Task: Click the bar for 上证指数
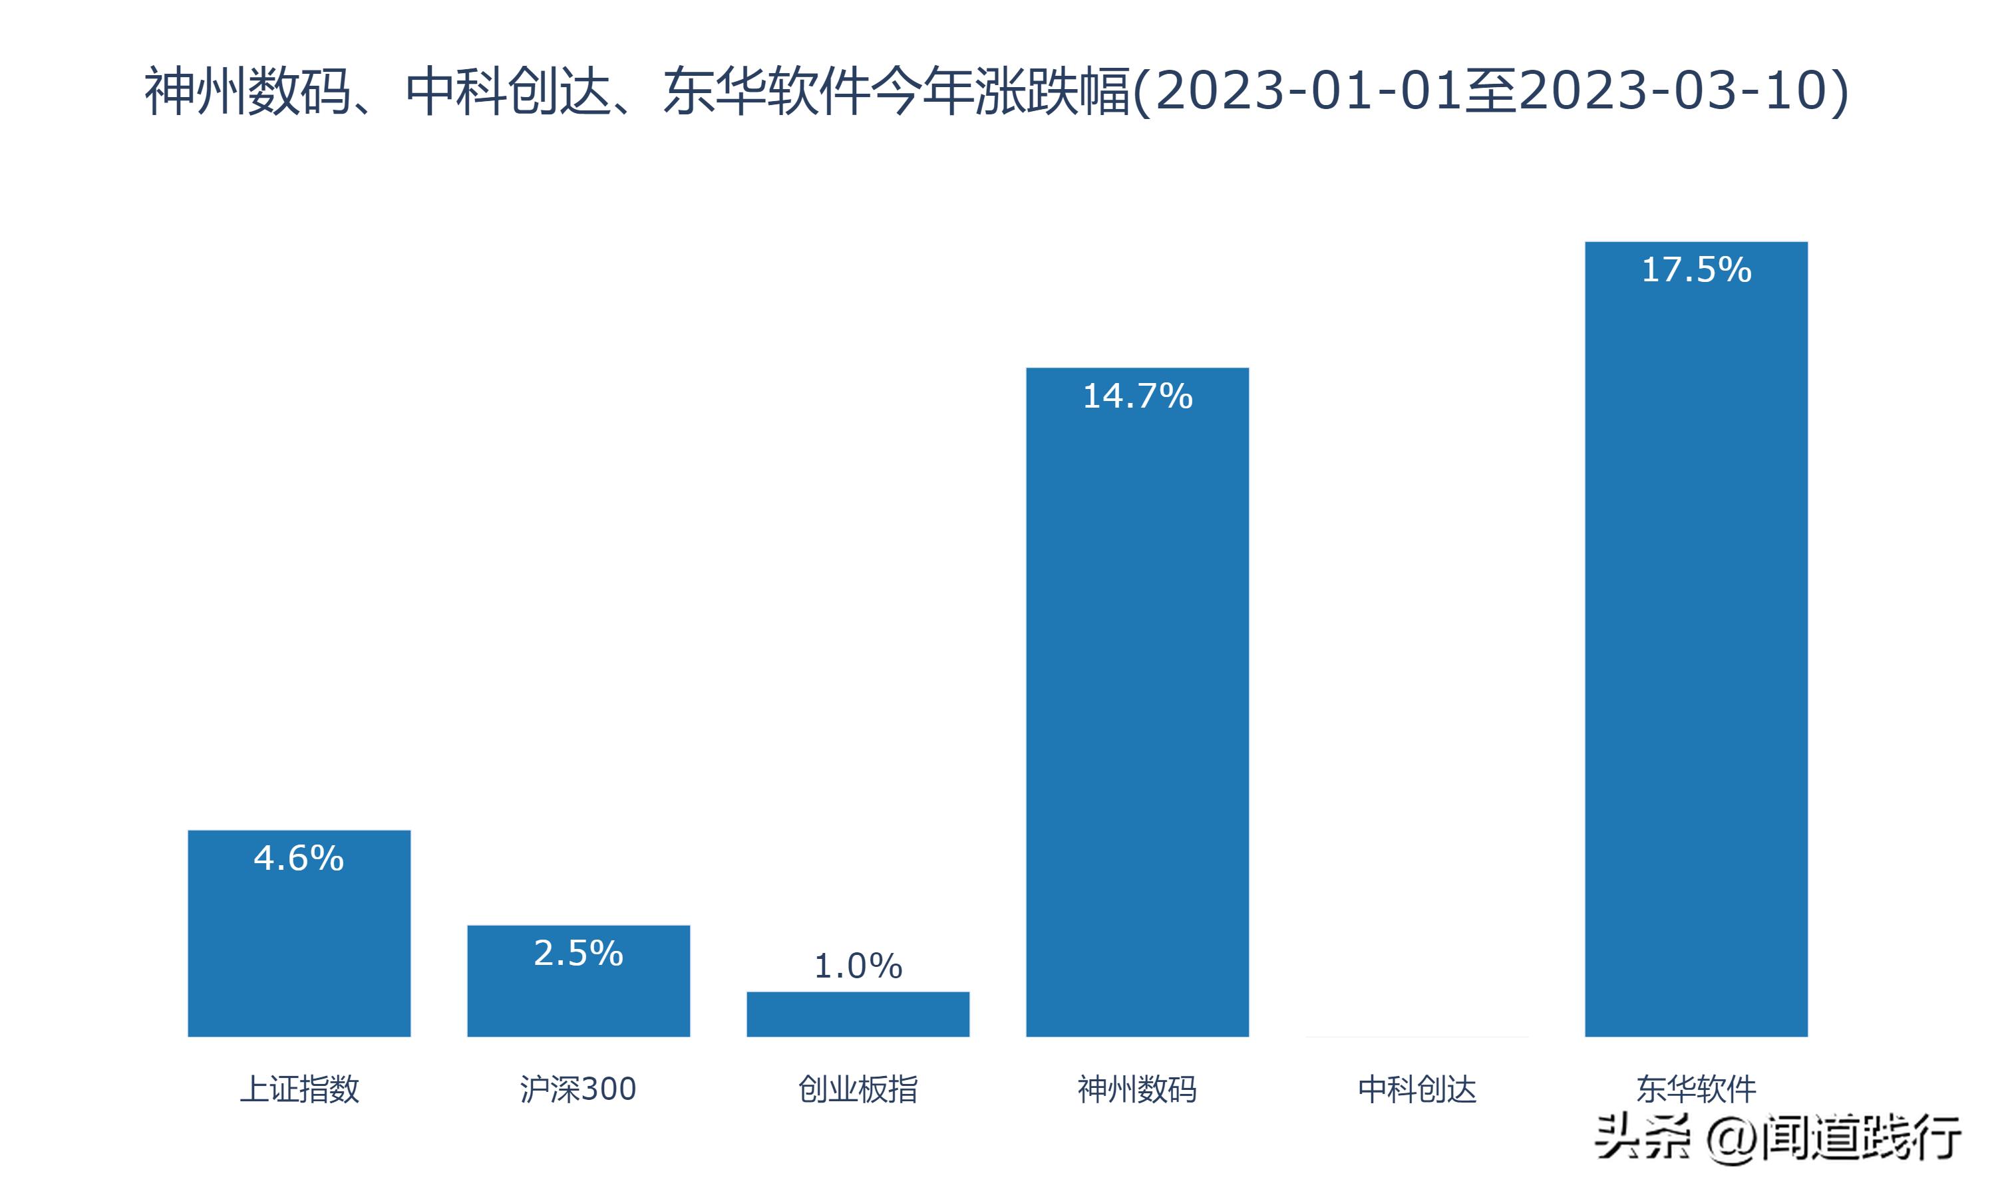coord(299,944)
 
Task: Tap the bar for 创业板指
coord(858,1014)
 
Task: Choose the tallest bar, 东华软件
coord(1696,645)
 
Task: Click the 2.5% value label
coord(578,954)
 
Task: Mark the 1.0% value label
coord(858,966)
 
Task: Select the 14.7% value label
coord(1137,396)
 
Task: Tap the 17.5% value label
coord(1696,269)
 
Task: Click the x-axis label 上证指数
coord(299,1089)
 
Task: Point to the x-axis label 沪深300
coord(578,1089)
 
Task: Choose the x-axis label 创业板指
coord(858,1089)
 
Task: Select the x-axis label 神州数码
coord(1137,1089)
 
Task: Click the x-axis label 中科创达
coord(1416,1089)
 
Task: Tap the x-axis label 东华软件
coord(1696,1089)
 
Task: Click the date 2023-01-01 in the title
coord(1309,90)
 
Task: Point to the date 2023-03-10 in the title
coord(1674,90)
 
